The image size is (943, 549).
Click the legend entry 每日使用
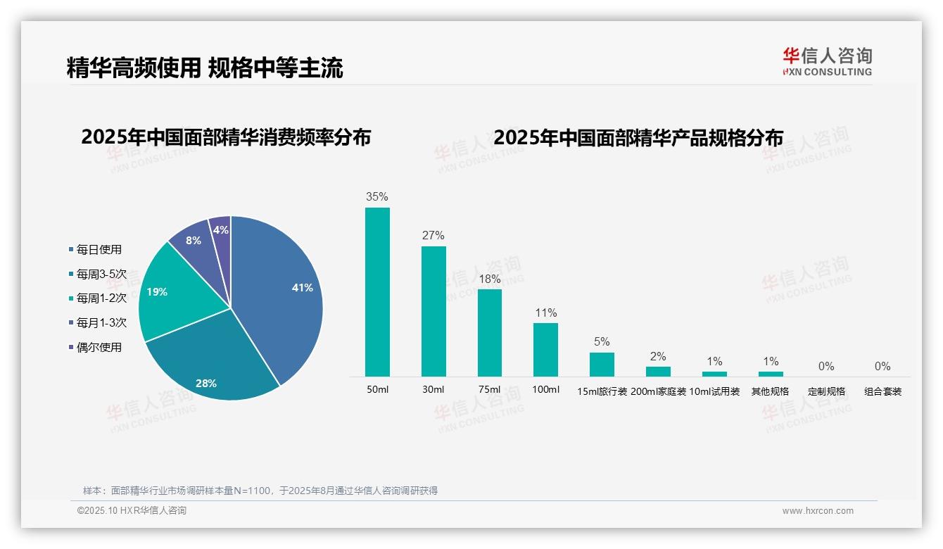click(99, 249)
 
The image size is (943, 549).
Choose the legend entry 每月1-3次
click(101, 322)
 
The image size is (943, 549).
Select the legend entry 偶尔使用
click(99, 347)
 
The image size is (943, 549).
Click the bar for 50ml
click(377, 292)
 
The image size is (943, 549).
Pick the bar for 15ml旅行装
click(602, 365)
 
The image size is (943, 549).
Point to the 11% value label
click(545, 313)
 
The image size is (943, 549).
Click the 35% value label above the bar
click(377, 197)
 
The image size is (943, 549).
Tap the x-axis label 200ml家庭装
click(658, 391)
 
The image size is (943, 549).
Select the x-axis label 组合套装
click(882, 391)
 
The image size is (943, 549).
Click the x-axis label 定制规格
click(826, 391)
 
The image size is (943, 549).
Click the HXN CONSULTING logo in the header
click(827, 62)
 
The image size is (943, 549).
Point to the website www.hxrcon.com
click(818, 511)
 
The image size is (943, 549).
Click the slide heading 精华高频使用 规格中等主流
click(205, 68)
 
